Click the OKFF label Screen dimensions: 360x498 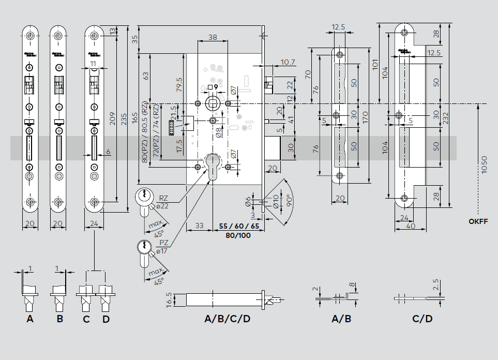click(478, 221)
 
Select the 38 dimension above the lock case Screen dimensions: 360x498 click(213, 37)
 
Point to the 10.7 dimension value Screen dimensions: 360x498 click(288, 63)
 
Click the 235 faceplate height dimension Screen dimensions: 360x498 click(123, 119)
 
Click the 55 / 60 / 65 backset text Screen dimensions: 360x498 click(238, 227)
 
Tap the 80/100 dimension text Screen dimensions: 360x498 click(238, 235)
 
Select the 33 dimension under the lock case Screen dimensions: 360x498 click(199, 227)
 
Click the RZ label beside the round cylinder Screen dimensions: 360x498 click(163, 198)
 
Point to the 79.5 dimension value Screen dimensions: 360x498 click(178, 84)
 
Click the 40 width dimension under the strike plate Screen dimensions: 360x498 click(411, 226)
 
